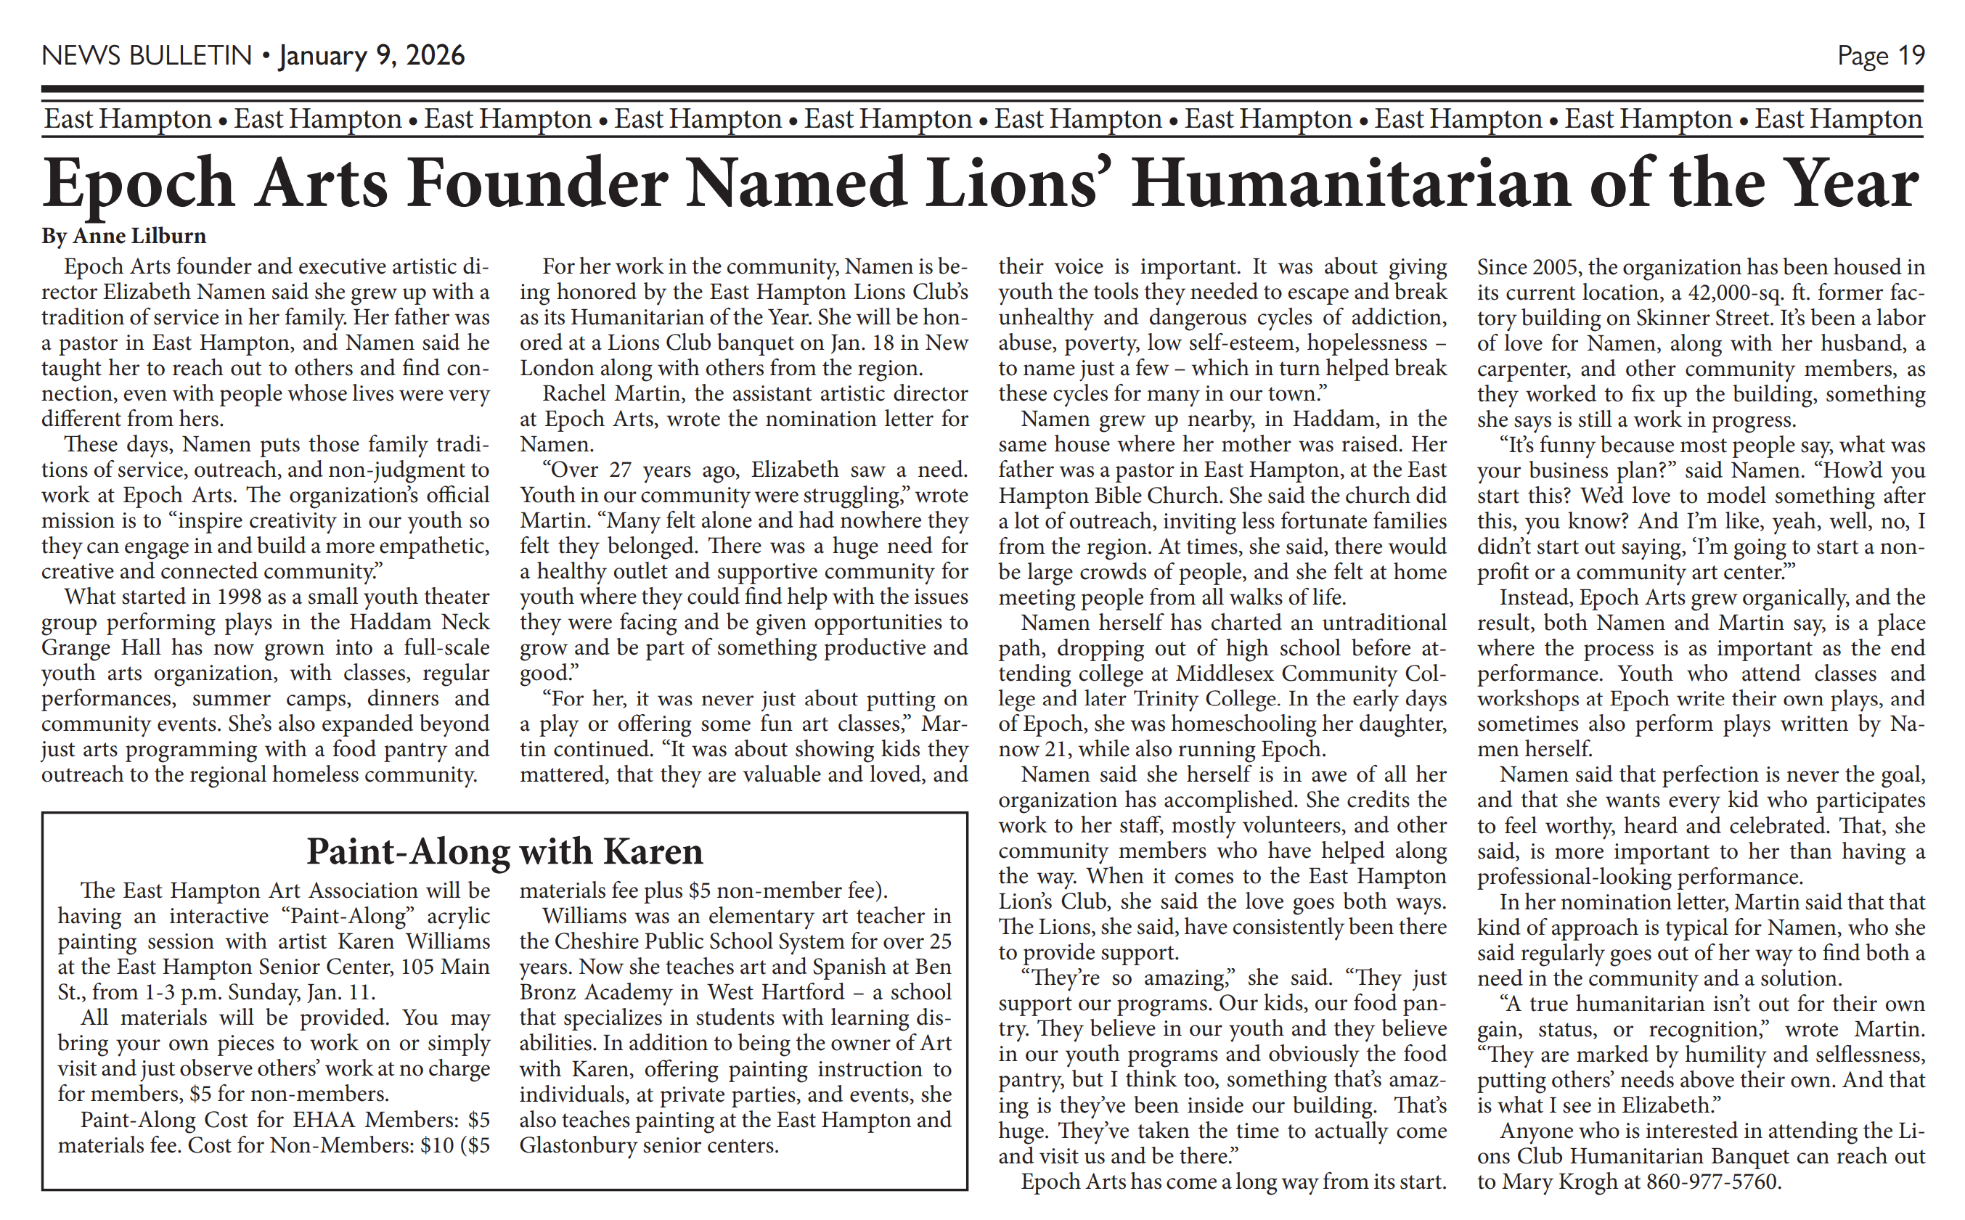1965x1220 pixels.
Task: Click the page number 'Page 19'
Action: [1880, 56]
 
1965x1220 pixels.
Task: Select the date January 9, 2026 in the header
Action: [372, 56]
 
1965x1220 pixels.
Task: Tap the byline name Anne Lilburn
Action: [139, 236]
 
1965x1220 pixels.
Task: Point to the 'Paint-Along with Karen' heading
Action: [504, 851]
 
